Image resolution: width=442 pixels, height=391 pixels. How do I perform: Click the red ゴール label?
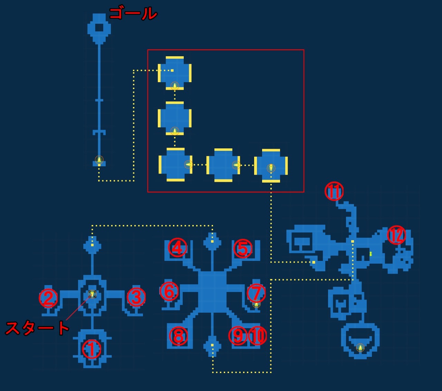(x=133, y=14)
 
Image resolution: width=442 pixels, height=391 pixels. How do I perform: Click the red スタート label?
(x=37, y=328)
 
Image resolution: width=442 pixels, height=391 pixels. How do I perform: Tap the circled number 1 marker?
(x=92, y=350)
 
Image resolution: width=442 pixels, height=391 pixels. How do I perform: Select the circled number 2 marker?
(x=48, y=298)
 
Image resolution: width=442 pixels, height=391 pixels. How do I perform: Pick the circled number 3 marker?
(x=136, y=297)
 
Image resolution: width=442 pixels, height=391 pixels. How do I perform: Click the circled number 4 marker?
(x=177, y=248)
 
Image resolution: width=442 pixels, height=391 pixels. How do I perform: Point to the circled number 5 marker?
(x=243, y=248)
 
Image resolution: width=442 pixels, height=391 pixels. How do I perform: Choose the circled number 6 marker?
(x=169, y=291)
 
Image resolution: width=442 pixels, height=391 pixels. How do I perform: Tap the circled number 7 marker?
(x=256, y=293)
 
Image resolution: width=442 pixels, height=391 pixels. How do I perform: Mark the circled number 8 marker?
(x=178, y=336)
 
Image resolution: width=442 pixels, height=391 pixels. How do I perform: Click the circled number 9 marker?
(x=238, y=336)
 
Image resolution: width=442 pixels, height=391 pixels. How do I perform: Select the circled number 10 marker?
(x=258, y=336)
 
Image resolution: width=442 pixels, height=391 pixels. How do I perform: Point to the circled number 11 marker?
(x=334, y=192)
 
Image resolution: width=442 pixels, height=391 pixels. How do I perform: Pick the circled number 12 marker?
(x=396, y=235)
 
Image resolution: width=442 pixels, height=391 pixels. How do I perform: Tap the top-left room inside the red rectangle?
(x=175, y=73)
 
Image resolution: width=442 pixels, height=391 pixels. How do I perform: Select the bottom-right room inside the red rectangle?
(x=271, y=166)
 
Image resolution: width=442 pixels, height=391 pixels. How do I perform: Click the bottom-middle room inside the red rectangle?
(x=223, y=165)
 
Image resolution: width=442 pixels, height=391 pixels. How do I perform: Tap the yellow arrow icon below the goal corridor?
(x=99, y=160)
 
